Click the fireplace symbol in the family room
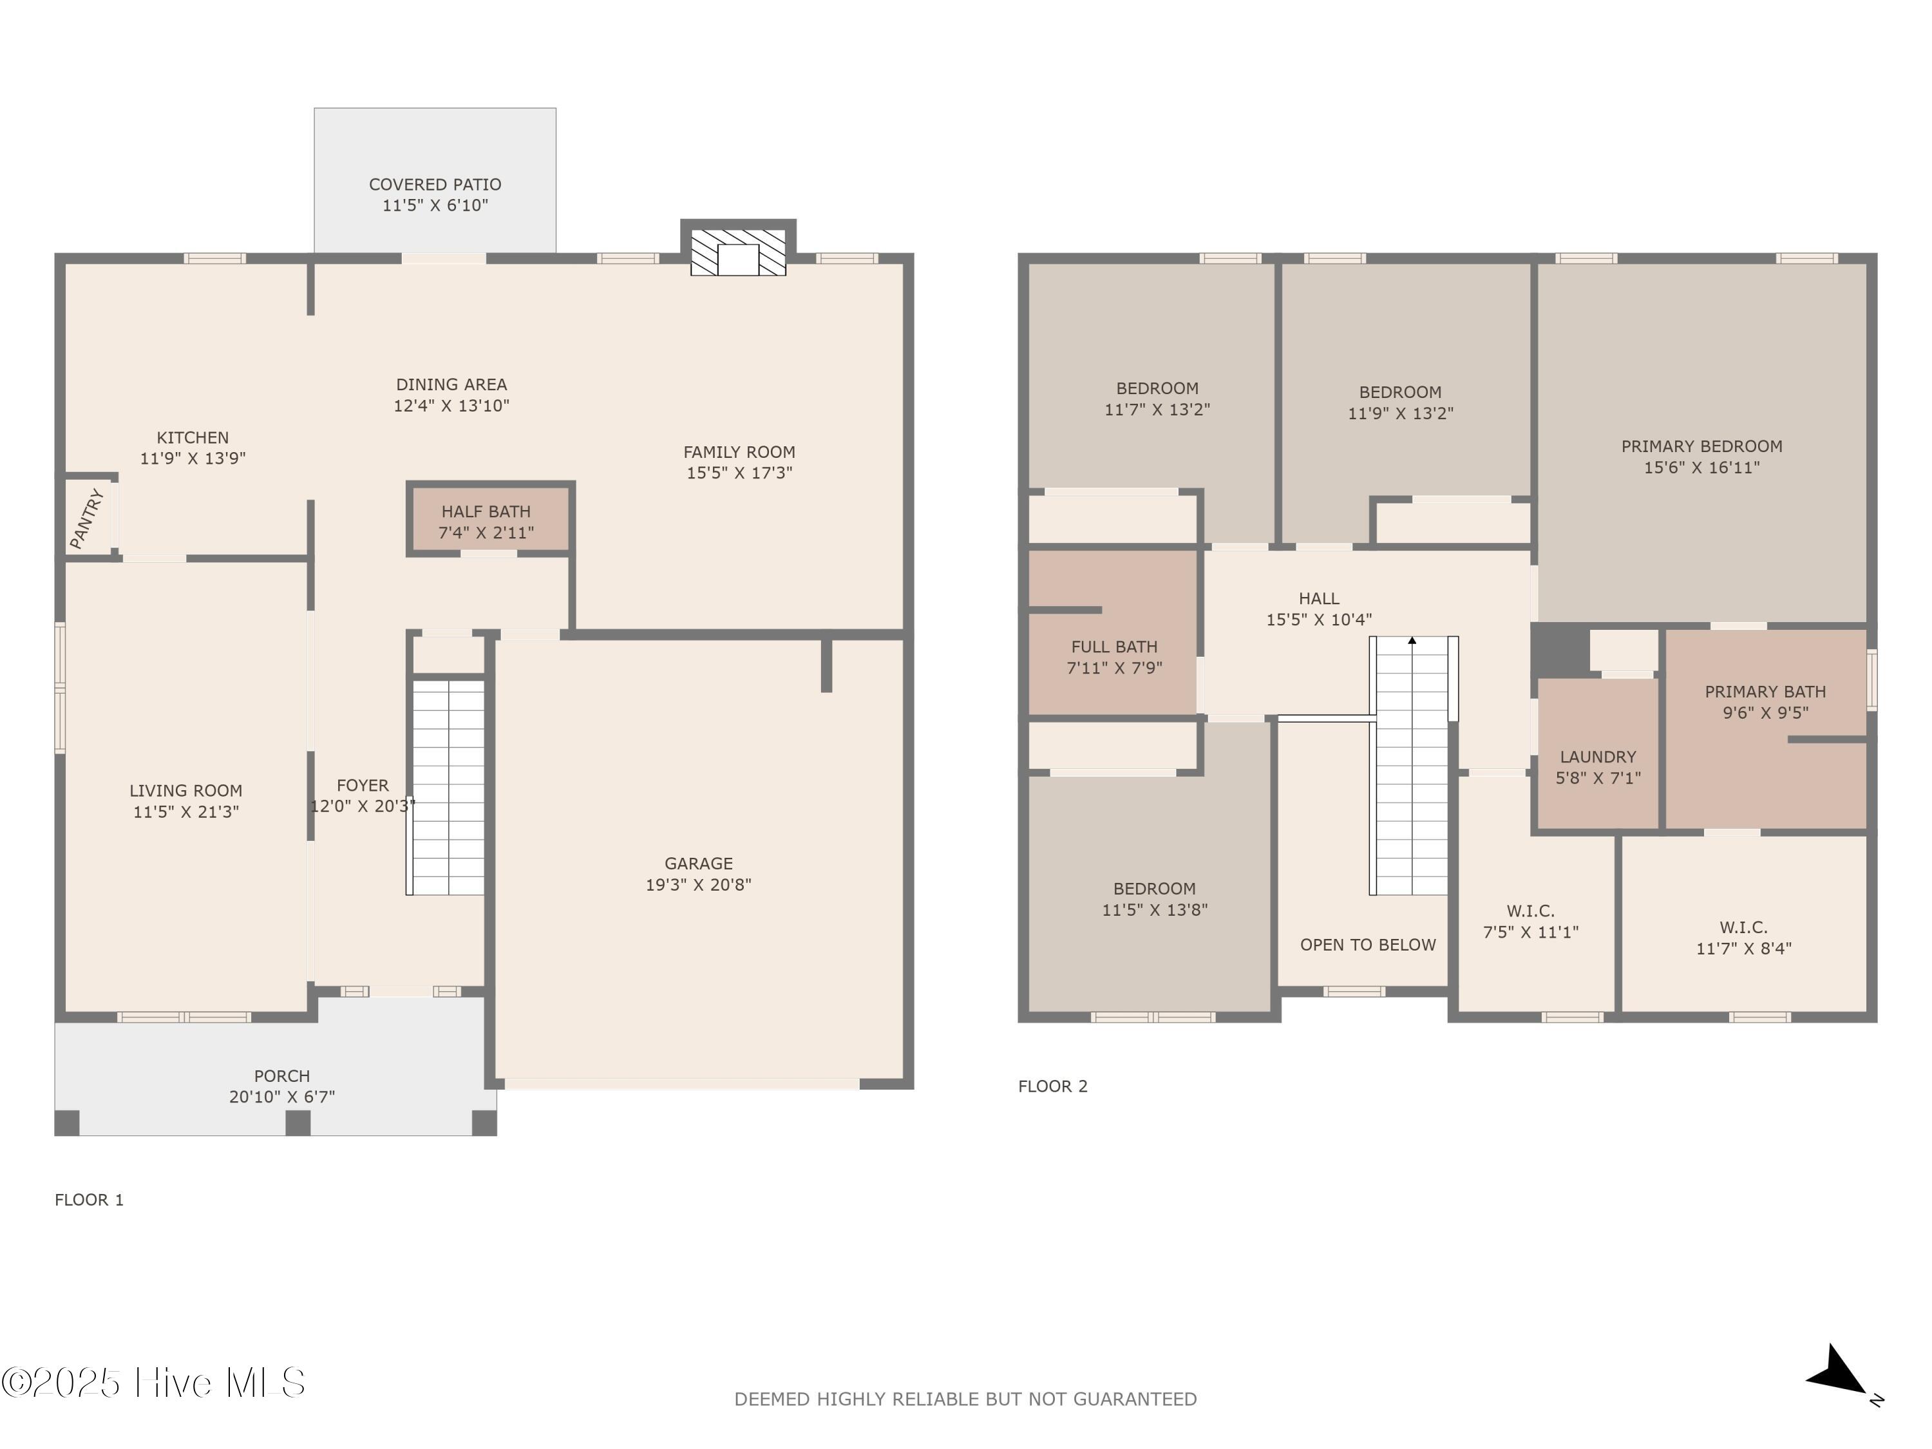point(738,252)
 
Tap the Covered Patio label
point(435,184)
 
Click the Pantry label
point(88,520)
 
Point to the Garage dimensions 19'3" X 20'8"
point(698,885)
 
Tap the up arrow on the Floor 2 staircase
point(1412,641)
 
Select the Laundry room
point(1598,767)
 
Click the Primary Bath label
point(1765,692)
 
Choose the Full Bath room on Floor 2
point(1113,657)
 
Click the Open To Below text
point(1367,945)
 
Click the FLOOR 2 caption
point(1052,1086)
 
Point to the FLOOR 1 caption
point(89,1200)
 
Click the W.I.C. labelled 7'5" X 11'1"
point(1530,922)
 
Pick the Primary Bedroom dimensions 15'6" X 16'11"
point(1701,468)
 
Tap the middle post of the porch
point(298,1122)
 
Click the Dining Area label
point(451,384)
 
